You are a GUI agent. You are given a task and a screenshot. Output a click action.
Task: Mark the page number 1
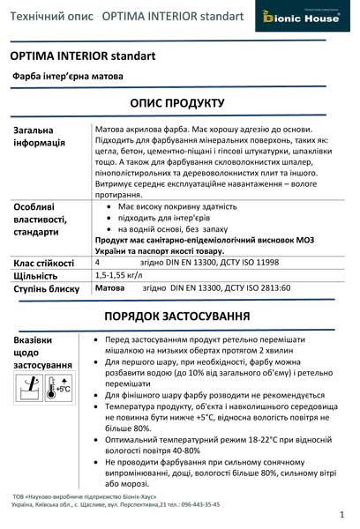[x=341, y=513]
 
